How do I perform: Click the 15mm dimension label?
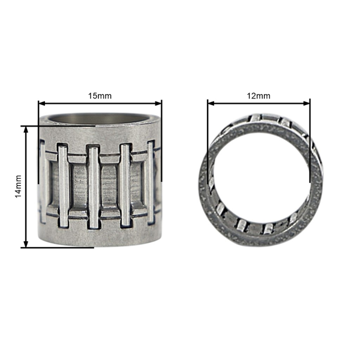[x=100, y=96]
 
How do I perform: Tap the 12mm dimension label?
[x=259, y=96]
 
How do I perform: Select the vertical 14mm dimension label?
[x=19, y=186]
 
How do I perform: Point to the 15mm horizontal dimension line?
[x=100, y=103]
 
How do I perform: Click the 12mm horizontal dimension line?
[x=259, y=103]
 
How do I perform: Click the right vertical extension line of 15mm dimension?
[x=161, y=111]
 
